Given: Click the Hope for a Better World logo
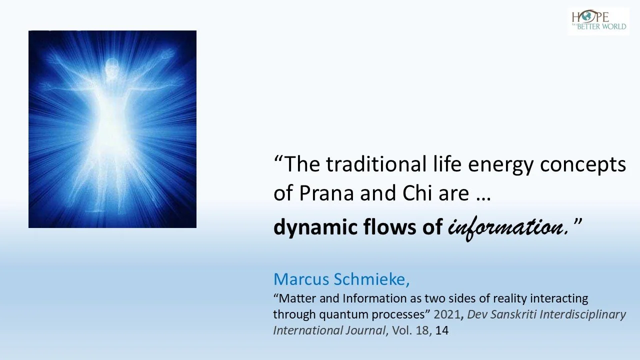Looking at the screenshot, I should [x=598, y=20].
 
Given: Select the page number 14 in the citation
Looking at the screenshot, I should [x=442, y=330].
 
